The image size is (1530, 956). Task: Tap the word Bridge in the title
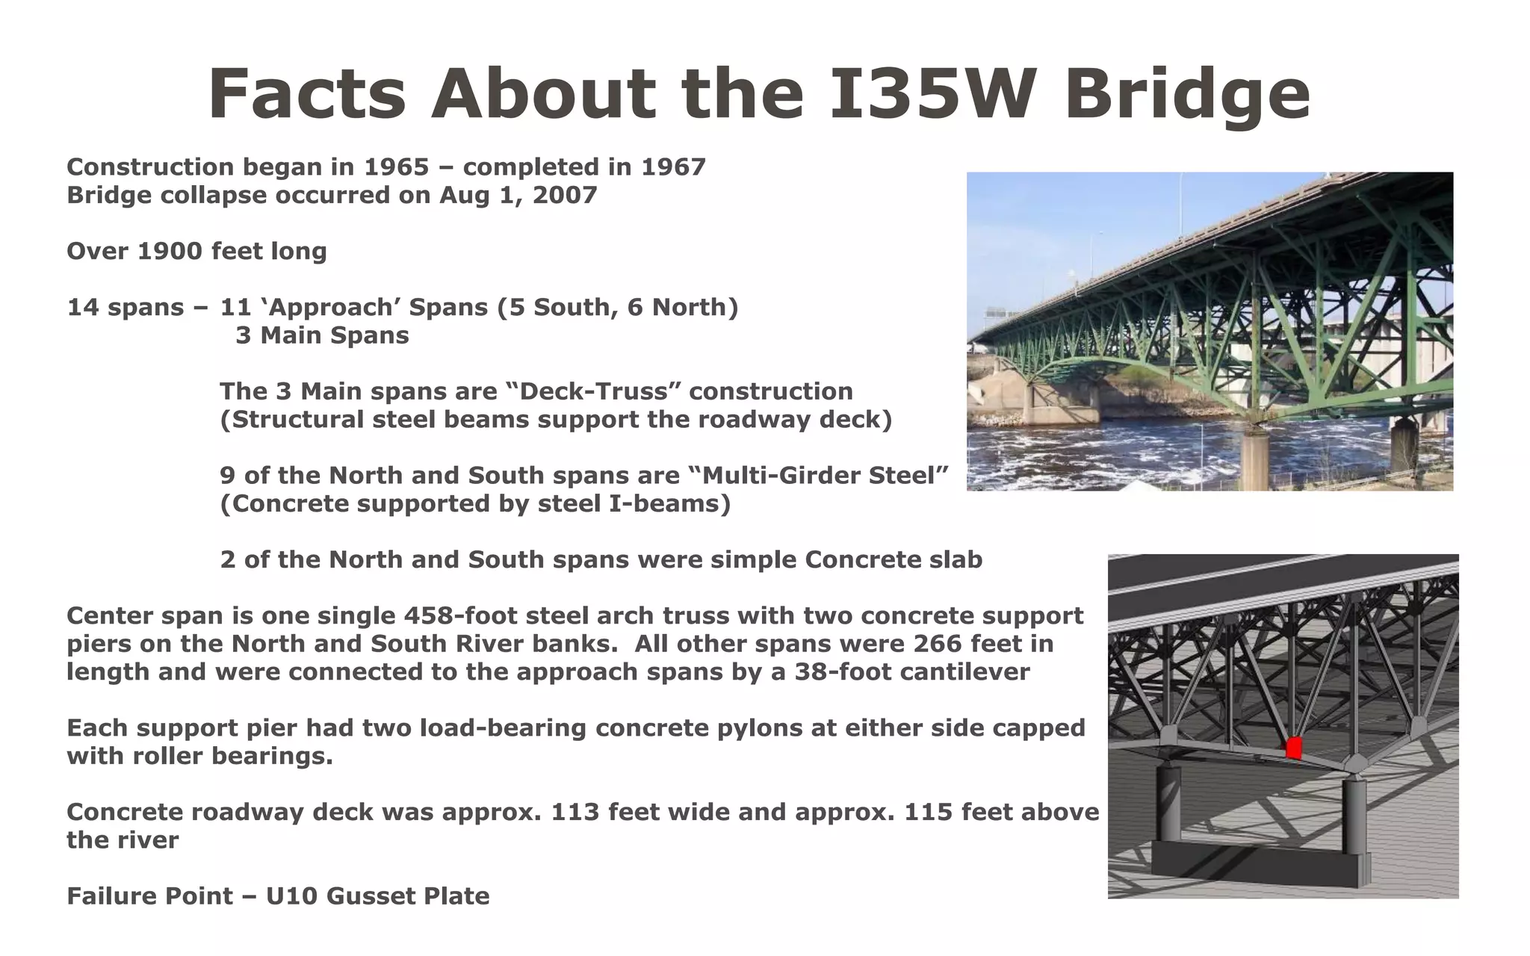[x=1188, y=95]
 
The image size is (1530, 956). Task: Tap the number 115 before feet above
[x=929, y=812]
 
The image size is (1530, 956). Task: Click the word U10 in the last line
[x=291, y=896]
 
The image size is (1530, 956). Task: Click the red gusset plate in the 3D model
[x=1294, y=748]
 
